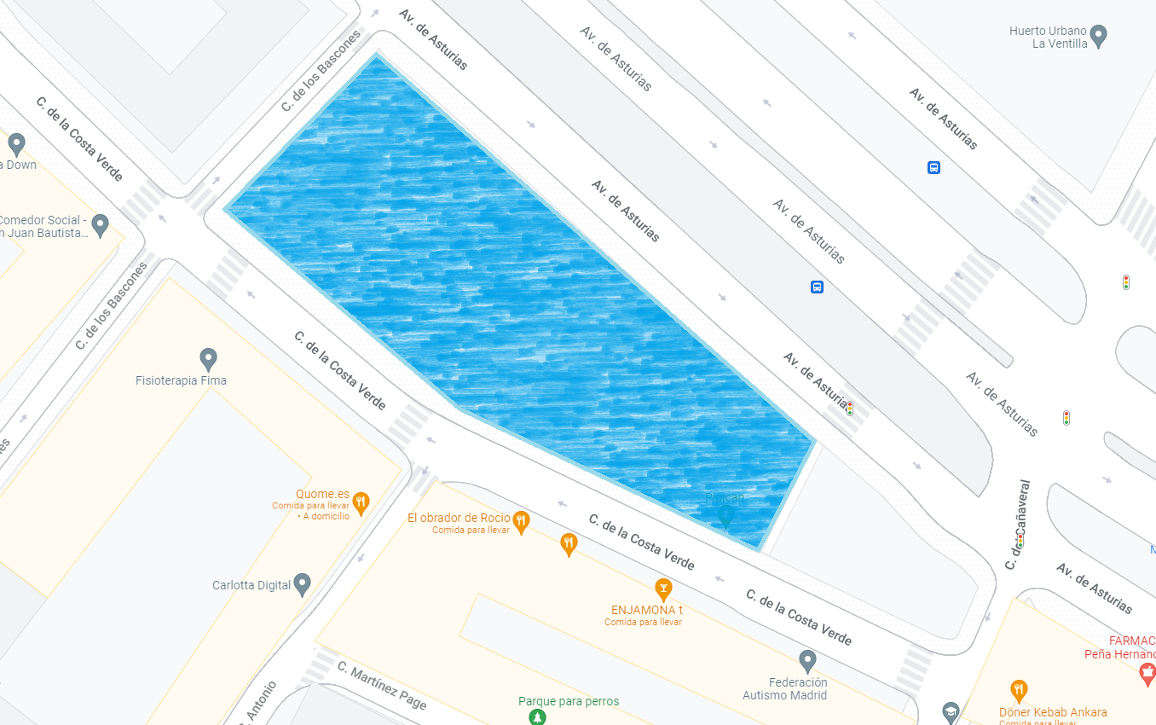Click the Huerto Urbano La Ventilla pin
tap(1099, 36)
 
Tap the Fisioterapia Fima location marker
tap(208, 359)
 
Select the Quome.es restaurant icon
tap(361, 502)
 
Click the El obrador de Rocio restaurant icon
tap(521, 519)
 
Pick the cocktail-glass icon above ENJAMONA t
tap(662, 588)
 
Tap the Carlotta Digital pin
tap(302, 584)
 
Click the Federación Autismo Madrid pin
tap(807, 660)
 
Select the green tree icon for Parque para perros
tap(537, 716)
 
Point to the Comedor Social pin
tap(101, 225)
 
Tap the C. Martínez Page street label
tap(381, 685)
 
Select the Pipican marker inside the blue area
tap(725, 515)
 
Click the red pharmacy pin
tap(1147, 676)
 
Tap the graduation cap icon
tap(951, 711)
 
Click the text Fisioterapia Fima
tap(181, 380)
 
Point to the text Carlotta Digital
tap(251, 585)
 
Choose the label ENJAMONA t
tap(647, 610)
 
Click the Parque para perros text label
tap(569, 701)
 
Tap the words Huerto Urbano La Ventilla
tap(1048, 37)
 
